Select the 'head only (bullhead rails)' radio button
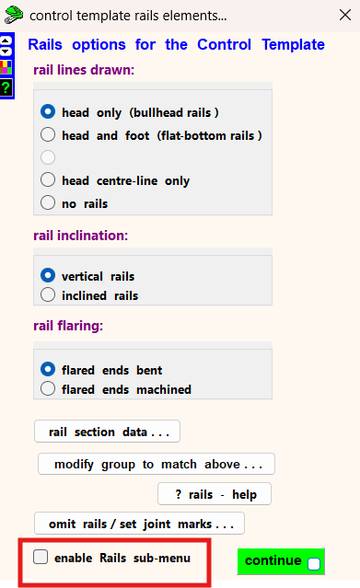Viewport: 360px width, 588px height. pyautogui.click(x=48, y=111)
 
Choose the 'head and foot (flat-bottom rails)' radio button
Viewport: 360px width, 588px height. pyautogui.click(x=48, y=134)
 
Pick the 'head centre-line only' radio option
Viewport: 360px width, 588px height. pyautogui.click(x=48, y=180)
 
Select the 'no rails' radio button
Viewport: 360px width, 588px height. pyautogui.click(x=48, y=202)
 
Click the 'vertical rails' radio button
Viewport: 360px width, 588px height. pyautogui.click(x=48, y=276)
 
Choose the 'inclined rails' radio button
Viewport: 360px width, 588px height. pyautogui.click(x=48, y=294)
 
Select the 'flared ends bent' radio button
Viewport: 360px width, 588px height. pyautogui.click(x=48, y=369)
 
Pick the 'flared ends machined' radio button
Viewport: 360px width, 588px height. pyautogui.click(x=48, y=388)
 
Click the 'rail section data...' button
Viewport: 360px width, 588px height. pyautogui.click(x=107, y=432)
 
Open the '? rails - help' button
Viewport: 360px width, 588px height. pyautogui.click(x=215, y=494)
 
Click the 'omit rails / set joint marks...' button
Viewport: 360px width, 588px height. pyautogui.click(x=139, y=523)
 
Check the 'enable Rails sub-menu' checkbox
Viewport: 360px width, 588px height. pyautogui.click(x=41, y=557)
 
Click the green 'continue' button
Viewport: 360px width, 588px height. pyautogui.click(x=281, y=561)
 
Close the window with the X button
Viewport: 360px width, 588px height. pyautogui.click(x=345, y=15)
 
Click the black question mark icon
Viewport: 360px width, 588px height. pyautogui.click(x=6, y=87)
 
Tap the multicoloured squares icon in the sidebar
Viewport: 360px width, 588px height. pyautogui.click(x=6, y=67)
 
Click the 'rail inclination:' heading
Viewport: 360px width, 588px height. pyautogui.click(x=81, y=236)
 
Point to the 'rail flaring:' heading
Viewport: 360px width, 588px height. pyautogui.click(x=68, y=326)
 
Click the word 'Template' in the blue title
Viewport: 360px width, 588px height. pyautogui.click(x=293, y=44)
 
